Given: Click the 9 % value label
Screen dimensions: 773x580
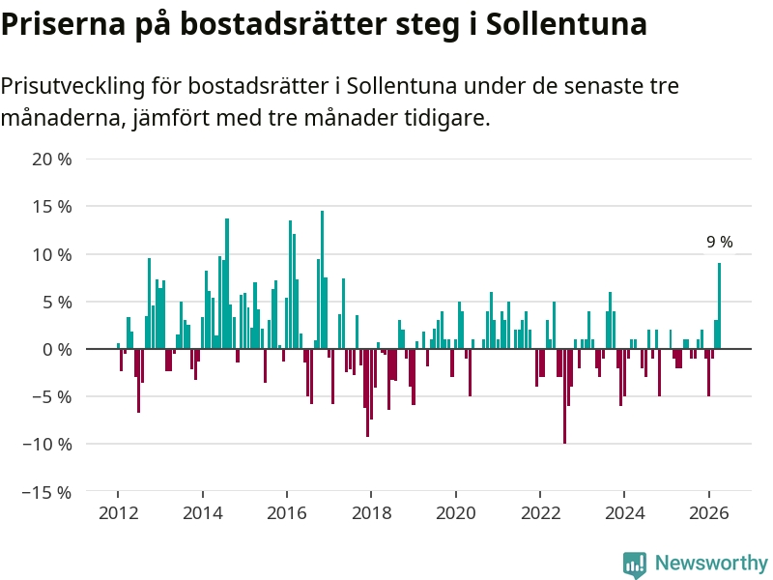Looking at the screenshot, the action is [719, 243].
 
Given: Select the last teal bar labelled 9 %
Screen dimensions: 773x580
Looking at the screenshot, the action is [719, 305].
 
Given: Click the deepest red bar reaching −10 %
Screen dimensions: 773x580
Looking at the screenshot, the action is [564, 396].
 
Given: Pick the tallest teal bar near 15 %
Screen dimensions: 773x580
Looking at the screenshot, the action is [323, 280].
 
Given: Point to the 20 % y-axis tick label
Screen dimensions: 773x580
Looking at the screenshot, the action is [52, 159].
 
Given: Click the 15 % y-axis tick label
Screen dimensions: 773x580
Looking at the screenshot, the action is [52, 207].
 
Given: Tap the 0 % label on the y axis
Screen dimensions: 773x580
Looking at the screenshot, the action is [57, 350].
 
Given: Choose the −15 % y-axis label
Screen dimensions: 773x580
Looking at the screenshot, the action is [46, 493].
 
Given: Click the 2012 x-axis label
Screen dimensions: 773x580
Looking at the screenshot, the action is [118, 513].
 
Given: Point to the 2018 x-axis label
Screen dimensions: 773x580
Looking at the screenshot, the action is [371, 513].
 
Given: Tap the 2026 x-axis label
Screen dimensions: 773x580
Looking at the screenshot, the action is [709, 513].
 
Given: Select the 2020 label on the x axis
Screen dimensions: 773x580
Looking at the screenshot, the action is [456, 513].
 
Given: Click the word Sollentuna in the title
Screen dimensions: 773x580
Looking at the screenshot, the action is [566, 23].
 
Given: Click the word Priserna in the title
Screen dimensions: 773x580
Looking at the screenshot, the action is [64, 23].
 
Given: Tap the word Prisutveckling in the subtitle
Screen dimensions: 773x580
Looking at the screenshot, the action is [73, 87].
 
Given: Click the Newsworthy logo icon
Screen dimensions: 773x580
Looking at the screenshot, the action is [635, 565].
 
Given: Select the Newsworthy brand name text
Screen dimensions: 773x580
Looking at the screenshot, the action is [711, 563].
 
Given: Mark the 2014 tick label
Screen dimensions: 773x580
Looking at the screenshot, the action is [203, 513].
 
